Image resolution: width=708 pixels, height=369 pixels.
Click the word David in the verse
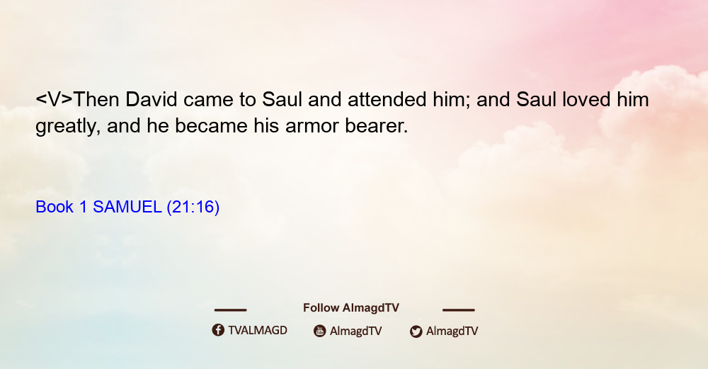point(152,99)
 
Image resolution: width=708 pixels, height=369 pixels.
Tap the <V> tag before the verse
point(55,100)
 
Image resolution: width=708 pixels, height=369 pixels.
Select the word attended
point(387,99)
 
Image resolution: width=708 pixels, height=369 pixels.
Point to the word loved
point(586,99)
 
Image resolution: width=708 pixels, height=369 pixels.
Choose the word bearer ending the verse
point(377,125)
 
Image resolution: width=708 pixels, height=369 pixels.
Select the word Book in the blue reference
point(55,207)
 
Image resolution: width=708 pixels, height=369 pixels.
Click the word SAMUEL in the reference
point(127,207)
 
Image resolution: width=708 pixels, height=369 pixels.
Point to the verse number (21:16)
point(193,208)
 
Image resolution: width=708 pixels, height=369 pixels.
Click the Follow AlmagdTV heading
point(351,307)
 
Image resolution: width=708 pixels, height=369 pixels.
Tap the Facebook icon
point(218,330)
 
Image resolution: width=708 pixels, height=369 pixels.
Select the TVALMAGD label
point(258,330)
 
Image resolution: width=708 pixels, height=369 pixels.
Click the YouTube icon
point(320,331)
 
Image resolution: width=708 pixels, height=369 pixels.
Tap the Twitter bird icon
point(416,331)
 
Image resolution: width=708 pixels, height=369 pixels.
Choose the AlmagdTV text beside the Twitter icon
point(452,331)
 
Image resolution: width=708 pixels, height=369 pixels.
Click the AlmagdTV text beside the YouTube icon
point(356,331)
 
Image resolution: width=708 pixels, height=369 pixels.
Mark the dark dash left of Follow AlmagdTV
point(230,310)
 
